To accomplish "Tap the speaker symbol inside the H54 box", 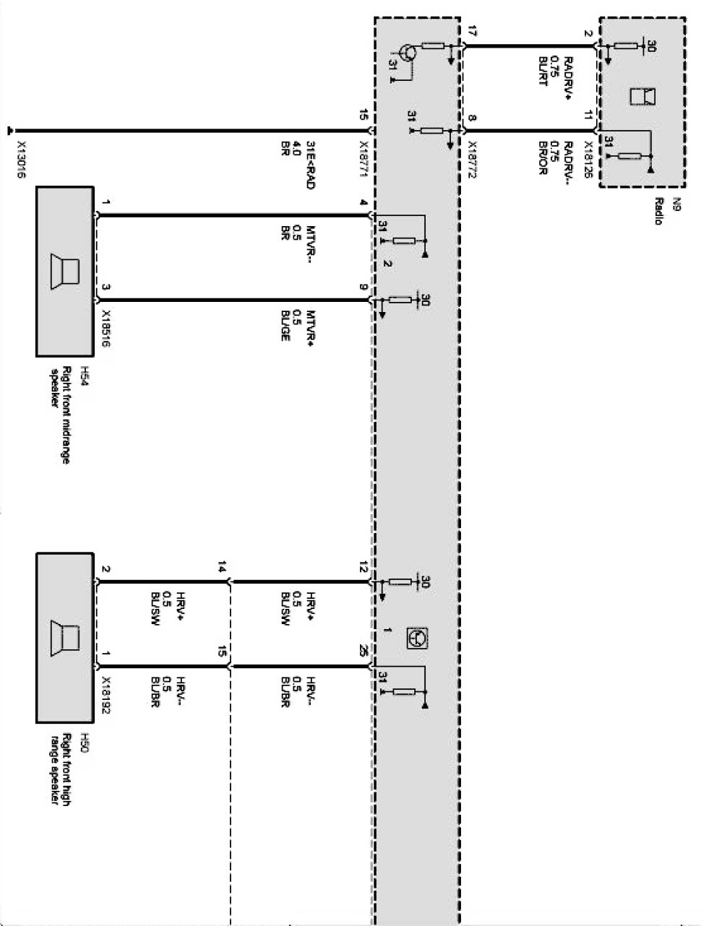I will point(65,272).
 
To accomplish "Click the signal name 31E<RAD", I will point(309,164).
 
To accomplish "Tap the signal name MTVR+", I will point(309,329).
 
